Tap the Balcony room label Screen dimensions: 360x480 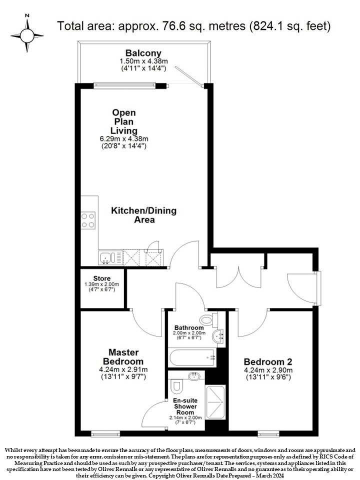(x=143, y=52)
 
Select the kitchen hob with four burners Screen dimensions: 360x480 (x=88, y=220)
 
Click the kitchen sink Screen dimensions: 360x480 (x=106, y=257)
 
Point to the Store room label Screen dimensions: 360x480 (x=102, y=278)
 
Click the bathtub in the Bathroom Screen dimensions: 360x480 (x=192, y=357)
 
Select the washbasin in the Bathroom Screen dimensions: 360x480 (x=218, y=337)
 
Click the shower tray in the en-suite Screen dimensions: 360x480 (x=215, y=401)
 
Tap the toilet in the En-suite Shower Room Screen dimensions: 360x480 (x=176, y=386)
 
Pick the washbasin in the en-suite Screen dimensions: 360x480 (x=194, y=376)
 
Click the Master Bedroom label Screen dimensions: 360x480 (x=123, y=356)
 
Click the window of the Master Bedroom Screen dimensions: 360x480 (x=105, y=433)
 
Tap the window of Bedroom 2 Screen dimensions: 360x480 (x=268, y=433)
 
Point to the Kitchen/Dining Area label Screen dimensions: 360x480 (x=144, y=215)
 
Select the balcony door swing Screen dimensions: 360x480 (x=189, y=77)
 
